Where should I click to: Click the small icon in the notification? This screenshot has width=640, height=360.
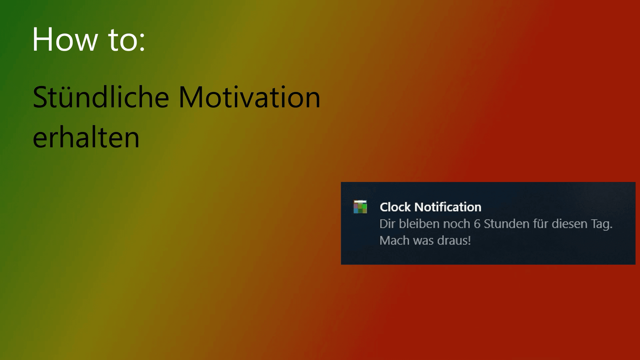pos(360,207)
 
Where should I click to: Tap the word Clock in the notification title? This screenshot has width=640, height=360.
pos(395,207)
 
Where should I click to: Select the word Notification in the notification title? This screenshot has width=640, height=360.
pos(448,207)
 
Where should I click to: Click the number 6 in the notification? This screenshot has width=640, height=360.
pos(477,224)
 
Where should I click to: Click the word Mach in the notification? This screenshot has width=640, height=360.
pos(394,240)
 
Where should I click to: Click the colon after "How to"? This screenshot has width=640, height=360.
pos(143,43)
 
